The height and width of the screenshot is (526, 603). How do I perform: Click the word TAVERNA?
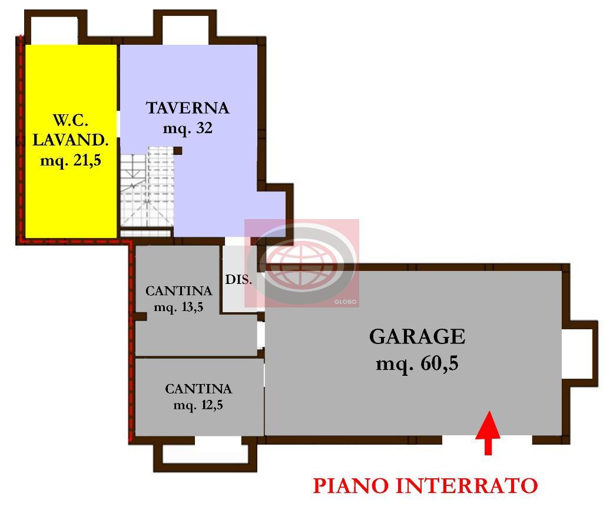coord(188,108)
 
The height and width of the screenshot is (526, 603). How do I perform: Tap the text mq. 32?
coord(188,128)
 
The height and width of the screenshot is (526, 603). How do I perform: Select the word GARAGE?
coord(418,337)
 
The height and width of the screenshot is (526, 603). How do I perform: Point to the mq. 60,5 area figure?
coord(418,363)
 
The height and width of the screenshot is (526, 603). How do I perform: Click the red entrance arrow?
coord(488,433)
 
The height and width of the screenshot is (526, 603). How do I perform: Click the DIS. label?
coord(238,280)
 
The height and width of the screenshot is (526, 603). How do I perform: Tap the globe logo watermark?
coord(302,263)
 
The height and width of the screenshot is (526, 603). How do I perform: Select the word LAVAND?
coord(71,140)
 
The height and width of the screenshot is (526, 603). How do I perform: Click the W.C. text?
coord(71,120)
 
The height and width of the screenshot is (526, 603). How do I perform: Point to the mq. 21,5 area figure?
coord(71,160)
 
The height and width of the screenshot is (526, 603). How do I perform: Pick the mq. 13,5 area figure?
coord(178,307)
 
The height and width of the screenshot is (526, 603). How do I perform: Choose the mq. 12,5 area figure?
coord(198,405)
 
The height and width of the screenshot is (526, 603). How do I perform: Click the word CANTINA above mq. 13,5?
coord(179,291)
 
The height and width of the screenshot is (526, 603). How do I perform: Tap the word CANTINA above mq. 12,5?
coord(198,389)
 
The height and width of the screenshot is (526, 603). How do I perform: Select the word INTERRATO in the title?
coord(467,485)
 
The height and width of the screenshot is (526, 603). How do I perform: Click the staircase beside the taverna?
coord(147,191)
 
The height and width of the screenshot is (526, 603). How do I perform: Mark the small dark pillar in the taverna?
coord(178,150)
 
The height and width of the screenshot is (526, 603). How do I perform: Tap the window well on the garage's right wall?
coord(579,353)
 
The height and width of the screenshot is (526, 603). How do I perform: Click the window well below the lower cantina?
coord(205,454)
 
